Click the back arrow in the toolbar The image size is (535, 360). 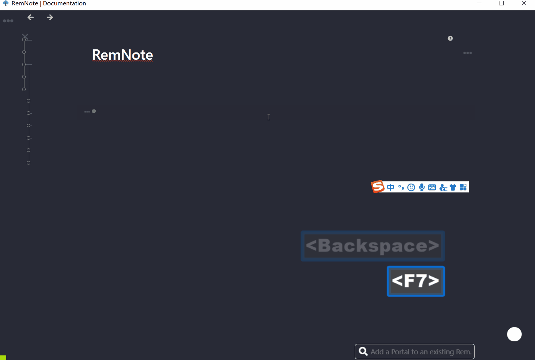coord(31,17)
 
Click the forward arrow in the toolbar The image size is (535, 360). coord(50,17)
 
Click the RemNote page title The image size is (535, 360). coord(122,55)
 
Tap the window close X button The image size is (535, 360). coord(524,3)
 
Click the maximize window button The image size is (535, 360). coord(501,3)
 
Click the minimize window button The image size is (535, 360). coord(479,3)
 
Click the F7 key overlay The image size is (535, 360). coord(416,281)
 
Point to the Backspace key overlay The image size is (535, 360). coord(372,246)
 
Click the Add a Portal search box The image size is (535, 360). coord(420,352)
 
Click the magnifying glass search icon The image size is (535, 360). coord(363,352)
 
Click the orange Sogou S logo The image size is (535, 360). coord(378,187)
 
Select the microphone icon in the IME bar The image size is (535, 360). coord(422,187)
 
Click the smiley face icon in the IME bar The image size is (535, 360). coord(411,187)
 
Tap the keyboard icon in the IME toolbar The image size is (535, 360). coord(432,187)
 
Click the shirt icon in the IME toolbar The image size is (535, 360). coord(453,187)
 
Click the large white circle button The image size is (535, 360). coord(514,334)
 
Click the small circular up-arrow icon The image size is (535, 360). coord(450,38)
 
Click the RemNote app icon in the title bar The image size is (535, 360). coord(6,3)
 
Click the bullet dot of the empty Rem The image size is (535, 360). coord(94,111)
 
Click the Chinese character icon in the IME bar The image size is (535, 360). coord(390,187)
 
